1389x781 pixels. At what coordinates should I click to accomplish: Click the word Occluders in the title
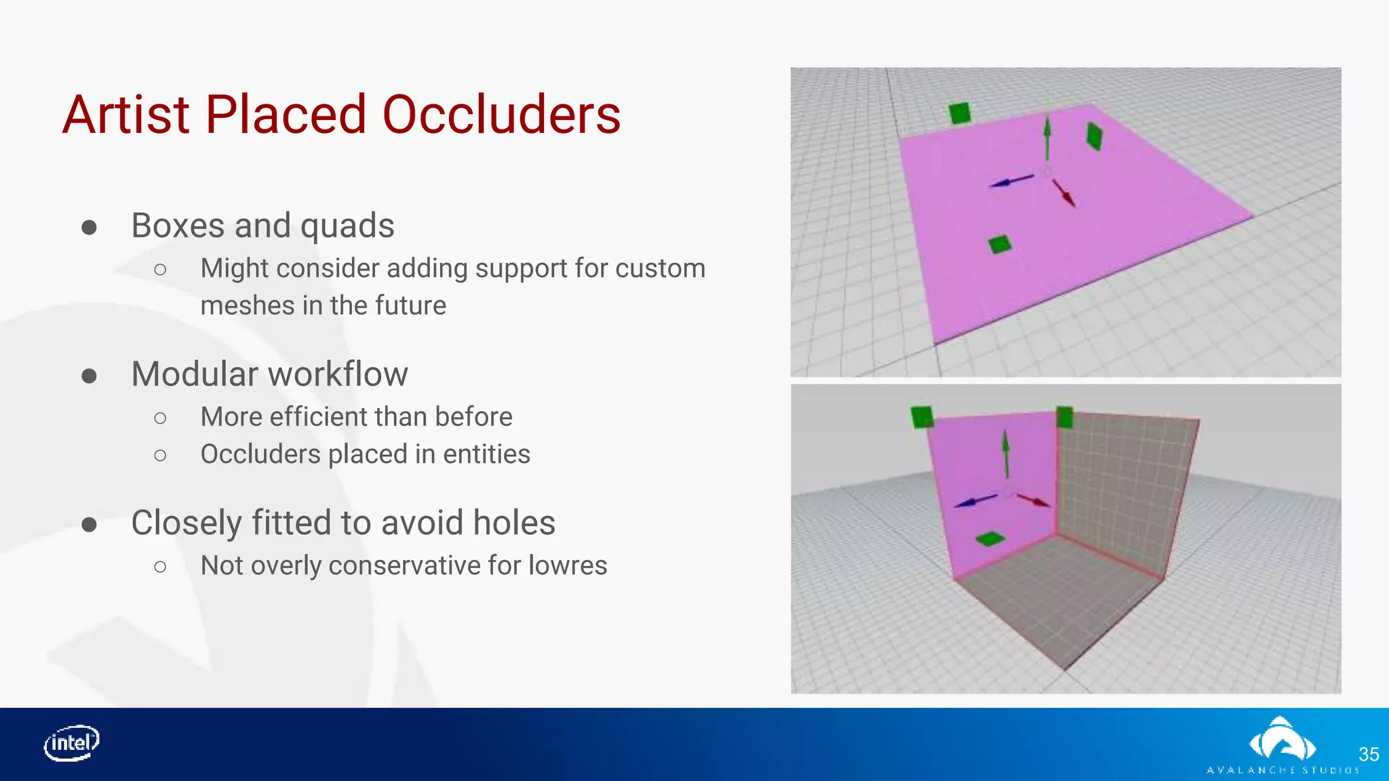(501, 115)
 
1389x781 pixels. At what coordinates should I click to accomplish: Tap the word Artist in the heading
(126, 115)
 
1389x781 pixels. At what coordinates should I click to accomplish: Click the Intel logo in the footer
(72, 744)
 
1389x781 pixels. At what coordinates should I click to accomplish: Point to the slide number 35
(1369, 754)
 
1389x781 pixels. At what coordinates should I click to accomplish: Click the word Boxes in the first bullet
(178, 225)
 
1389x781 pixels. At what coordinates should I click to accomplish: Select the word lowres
(568, 565)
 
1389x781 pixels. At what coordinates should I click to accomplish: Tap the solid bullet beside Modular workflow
(89, 376)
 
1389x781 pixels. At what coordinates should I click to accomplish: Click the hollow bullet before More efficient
(160, 418)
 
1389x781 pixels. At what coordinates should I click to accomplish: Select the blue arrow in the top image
(1011, 181)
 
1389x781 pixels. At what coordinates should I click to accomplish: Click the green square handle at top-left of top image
(960, 113)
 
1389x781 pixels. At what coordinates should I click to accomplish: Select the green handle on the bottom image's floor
(990, 539)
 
